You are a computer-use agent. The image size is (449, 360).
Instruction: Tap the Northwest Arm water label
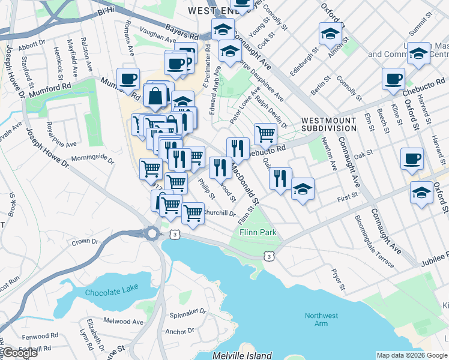coord(321,319)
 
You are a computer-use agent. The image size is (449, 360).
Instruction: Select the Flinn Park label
coord(258,232)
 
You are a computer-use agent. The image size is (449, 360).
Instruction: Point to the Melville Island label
coord(242,356)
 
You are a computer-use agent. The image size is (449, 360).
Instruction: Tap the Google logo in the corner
coord(19,353)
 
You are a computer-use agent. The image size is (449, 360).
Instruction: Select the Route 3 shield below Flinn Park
coord(270,256)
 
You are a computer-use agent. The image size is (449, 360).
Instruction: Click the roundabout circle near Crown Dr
coord(152,233)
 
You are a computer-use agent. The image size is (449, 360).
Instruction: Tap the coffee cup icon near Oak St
coord(412,159)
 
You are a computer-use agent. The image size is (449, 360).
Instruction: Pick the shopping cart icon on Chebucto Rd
coord(265,133)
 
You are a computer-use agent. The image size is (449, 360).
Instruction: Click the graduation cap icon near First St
coord(303,190)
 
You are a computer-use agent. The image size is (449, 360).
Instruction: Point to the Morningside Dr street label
coord(92,159)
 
